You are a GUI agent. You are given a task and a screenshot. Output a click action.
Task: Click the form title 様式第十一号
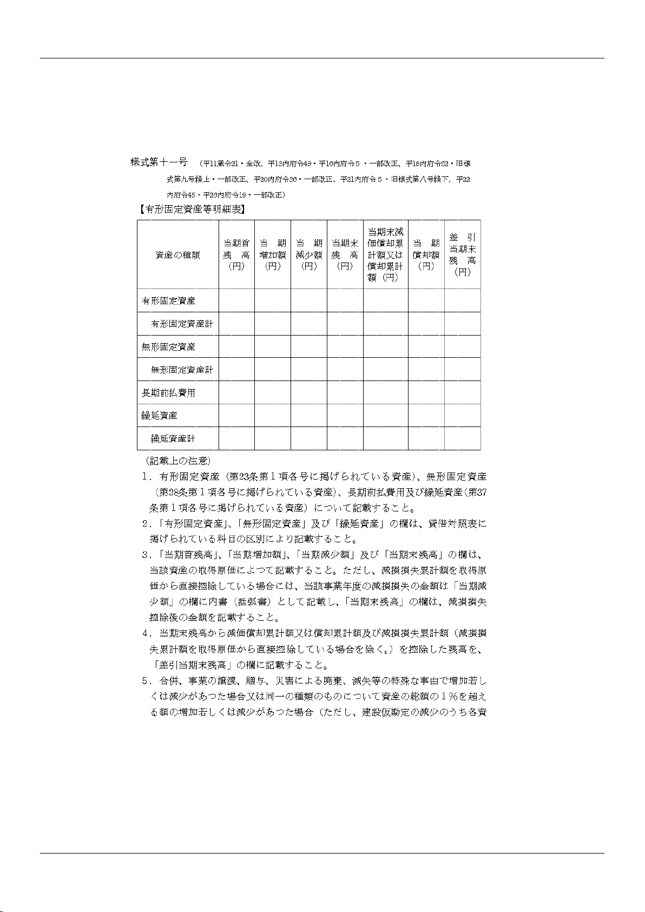159,162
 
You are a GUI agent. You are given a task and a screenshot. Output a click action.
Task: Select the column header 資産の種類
177,255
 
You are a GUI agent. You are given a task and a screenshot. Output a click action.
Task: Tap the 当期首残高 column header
236,254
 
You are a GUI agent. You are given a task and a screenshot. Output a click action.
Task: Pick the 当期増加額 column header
273,254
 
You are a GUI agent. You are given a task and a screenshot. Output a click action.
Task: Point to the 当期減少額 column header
308,254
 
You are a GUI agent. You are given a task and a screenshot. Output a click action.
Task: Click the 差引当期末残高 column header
462,254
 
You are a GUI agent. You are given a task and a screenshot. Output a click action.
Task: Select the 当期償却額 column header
426,254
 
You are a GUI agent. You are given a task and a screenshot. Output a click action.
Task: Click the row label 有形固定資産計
182,324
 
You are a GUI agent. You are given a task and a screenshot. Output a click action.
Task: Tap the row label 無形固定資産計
182,370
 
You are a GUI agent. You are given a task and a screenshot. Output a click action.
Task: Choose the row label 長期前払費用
168,393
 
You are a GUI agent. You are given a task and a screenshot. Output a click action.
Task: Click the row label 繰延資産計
173,438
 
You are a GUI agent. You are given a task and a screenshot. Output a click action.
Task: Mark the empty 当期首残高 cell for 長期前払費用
236,392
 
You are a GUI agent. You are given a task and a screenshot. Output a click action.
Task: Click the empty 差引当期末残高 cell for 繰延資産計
462,438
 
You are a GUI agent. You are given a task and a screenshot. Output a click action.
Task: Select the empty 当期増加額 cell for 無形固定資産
273,347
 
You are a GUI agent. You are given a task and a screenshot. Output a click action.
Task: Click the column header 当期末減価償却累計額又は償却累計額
385,254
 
